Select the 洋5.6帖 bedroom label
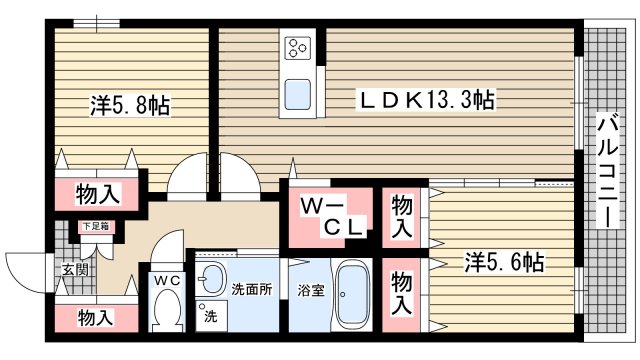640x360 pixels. [x=504, y=263]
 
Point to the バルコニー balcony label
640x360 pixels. [x=606, y=170]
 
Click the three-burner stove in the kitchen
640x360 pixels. [x=299, y=48]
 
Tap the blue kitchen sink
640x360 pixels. [x=299, y=96]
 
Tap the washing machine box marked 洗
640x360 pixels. [x=211, y=316]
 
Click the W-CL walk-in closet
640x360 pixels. [x=331, y=217]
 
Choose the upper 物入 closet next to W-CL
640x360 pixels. [x=402, y=217]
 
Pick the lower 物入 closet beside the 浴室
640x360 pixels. [x=402, y=293]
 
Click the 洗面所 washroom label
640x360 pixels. [x=251, y=290]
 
